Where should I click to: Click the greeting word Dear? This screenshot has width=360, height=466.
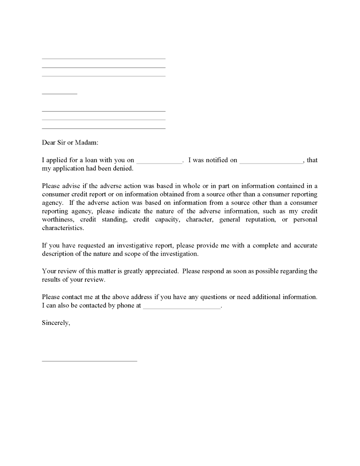[x=49, y=143]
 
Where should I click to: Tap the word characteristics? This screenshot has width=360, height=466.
[x=63, y=228]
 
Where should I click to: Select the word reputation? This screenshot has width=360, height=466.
[x=257, y=219]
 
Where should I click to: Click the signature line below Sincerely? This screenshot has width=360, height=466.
[x=90, y=361]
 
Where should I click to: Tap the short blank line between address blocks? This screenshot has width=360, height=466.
[x=60, y=94]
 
